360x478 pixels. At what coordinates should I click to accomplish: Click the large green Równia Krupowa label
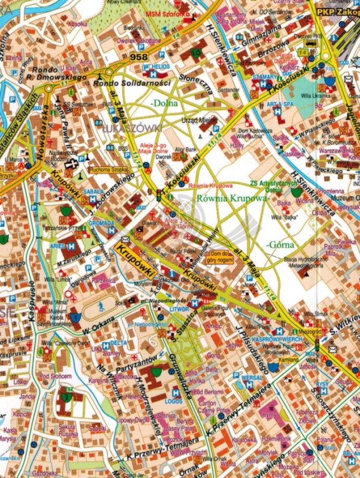point(234,198)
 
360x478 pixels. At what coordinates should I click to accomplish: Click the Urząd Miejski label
point(204,119)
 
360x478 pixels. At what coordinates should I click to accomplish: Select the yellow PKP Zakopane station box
point(337,11)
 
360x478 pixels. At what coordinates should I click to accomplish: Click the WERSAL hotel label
point(253,377)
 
